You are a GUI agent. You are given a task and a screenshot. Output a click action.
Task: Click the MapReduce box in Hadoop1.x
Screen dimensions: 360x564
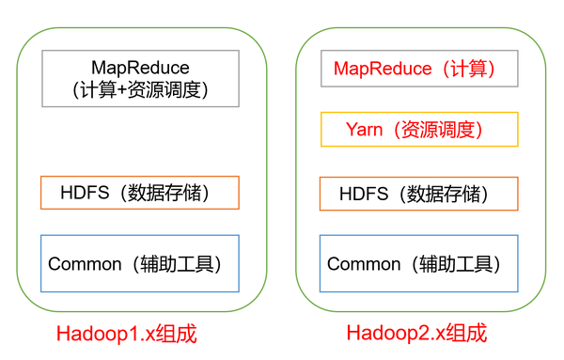click(x=141, y=78)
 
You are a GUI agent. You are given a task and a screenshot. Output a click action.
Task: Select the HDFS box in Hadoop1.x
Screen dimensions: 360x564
click(x=140, y=193)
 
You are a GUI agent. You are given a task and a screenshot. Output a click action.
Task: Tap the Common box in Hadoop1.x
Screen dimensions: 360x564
click(x=140, y=263)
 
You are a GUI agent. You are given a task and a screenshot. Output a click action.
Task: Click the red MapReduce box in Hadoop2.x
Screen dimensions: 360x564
click(x=419, y=69)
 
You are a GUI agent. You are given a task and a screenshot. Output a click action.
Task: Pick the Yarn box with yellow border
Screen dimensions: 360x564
click(x=419, y=130)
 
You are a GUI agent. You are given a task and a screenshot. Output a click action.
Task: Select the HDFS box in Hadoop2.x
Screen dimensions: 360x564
click(x=419, y=195)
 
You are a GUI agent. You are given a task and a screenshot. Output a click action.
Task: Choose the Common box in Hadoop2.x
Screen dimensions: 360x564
click(x=419, y=263)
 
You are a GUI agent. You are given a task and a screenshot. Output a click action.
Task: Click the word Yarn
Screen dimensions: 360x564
click(x=364, y=130)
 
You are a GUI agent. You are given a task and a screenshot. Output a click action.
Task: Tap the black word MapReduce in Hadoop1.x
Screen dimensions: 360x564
click(x=140, y=68)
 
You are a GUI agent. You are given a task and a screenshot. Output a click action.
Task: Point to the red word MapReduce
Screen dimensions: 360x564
click(x=375, y=69)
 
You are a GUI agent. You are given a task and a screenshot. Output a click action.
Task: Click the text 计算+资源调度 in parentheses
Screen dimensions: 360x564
click(x=140, y=90)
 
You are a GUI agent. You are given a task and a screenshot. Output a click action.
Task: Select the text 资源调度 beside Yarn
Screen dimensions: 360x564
click(x=442, y=130)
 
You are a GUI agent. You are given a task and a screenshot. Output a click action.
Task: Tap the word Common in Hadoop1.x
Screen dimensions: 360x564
click(x=86, y=264)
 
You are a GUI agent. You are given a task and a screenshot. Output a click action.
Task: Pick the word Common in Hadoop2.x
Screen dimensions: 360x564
click(x=365, y=264)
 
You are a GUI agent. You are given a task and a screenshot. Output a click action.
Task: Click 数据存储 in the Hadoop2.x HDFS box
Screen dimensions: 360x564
click(x=449, y=195)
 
